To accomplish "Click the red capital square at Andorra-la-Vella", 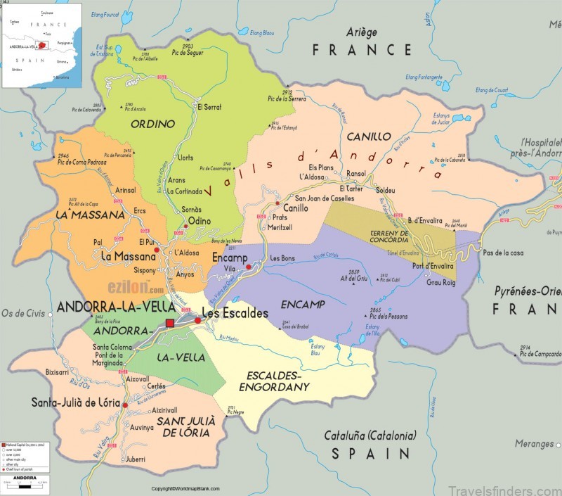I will click(169, 323).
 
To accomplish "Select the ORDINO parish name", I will click(152, 124).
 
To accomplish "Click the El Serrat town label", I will click(209, 107).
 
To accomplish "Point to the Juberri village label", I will click(136, 459).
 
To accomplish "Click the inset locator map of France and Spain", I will click(41, 45).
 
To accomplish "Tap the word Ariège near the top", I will click(362, 32).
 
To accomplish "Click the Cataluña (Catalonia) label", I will click(370, 435).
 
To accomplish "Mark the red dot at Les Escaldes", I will click(198, 321).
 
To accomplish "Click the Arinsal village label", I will click(126, 190).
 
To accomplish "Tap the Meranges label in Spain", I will click(534, 444).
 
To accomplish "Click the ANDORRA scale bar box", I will click(27, 483).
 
